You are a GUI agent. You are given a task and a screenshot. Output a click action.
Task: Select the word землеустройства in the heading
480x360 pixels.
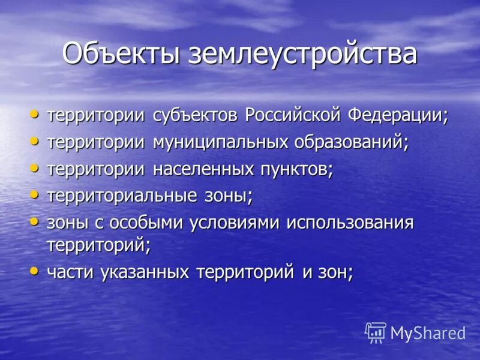click(302, 53)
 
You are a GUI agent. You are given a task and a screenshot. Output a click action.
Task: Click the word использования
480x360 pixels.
click(350, 223)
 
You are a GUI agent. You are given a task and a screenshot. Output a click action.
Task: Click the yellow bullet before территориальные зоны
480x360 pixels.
click(35, 194)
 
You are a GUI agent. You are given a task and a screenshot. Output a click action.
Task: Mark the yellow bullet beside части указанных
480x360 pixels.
click(35, 271)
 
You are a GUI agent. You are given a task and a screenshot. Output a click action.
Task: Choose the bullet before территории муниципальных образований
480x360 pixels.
click(35, 142)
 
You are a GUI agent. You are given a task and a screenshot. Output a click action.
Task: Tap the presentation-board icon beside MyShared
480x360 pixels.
click(376, 332)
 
